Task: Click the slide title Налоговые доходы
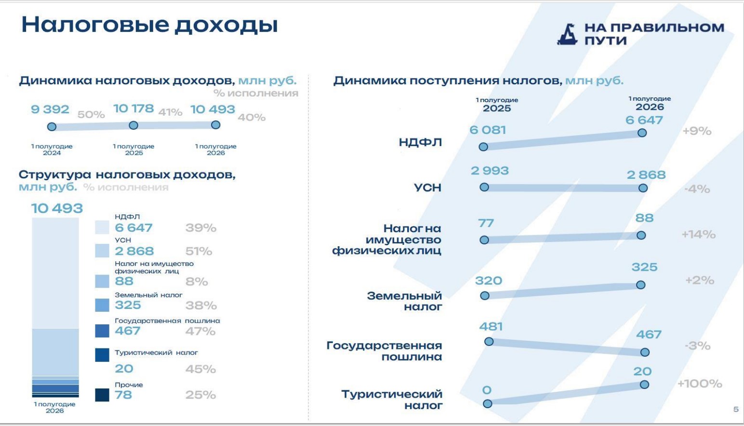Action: tap(149, 25)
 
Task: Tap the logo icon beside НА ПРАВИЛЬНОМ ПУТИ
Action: tap(567, 34)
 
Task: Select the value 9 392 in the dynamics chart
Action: tap(50, 109)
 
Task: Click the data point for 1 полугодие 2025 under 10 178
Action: tap(133, 125)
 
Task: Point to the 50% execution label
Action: tap(91, 115)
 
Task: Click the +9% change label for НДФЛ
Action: tap(697, 131)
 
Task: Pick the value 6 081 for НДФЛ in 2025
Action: tap(488, 130)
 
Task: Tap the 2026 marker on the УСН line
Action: tap(643, 188)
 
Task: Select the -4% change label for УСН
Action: tap(697, 189)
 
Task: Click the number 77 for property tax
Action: tap(486, 223)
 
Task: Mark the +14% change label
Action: tap(699, 235)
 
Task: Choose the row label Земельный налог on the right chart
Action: tap(405, 301)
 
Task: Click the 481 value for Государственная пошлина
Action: tap(491, 327)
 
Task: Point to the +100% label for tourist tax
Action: tap(700, 384)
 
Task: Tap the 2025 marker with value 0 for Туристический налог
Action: tap(488, 404)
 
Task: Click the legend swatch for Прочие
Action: tap(102, 395)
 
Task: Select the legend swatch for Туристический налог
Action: tap(102, 355)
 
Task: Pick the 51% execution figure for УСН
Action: tap(199, 251)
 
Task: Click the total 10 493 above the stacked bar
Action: tap(57, 208)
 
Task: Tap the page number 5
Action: tap(736, 410)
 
